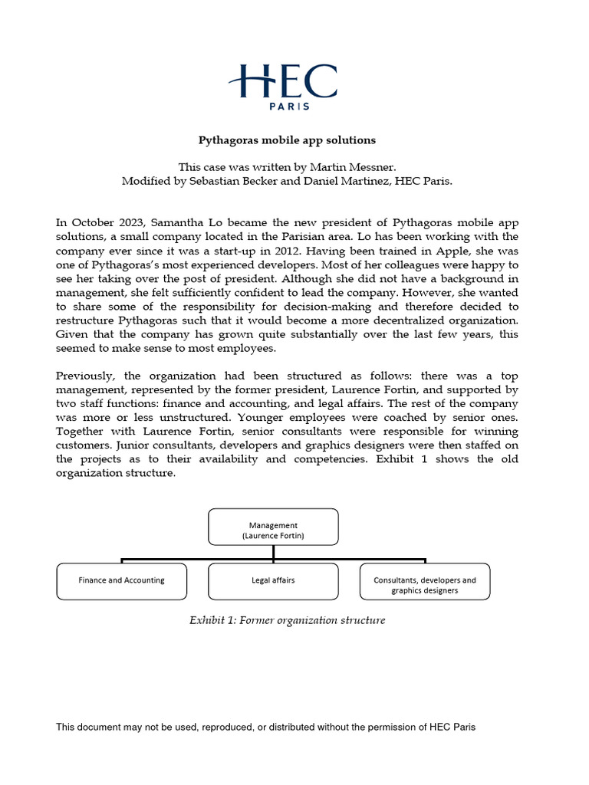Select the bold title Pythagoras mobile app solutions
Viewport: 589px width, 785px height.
click(288, 140)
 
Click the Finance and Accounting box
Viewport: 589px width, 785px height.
click(121, 580)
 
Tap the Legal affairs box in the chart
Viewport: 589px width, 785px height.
click(273, 580)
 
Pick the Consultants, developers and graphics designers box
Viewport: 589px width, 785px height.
click(424, 585)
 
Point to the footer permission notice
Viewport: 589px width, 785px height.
click(265, 727)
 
